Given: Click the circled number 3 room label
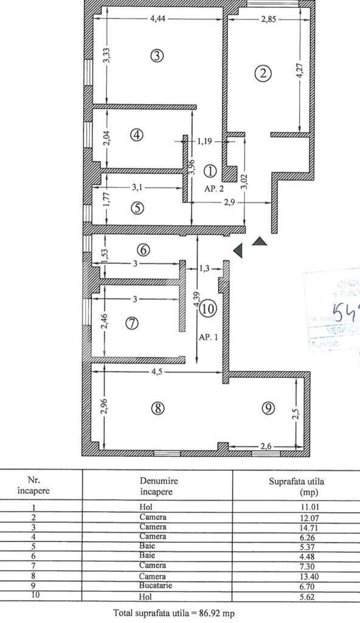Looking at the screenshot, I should pos(157,56).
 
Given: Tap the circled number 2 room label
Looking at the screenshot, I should pos(263,74).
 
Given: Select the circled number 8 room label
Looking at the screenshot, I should pos(157,408).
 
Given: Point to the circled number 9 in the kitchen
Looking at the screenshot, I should pos(268,408).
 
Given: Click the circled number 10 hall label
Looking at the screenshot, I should pos(207,309).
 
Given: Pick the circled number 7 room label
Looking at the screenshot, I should pos(132,323).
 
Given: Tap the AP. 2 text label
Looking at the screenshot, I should pos(213,189).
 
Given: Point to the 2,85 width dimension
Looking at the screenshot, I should pos(268,19).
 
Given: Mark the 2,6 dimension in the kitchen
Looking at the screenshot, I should pos(265,447).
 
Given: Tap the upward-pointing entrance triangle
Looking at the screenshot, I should pos(260,242).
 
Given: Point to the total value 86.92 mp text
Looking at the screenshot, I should pos(173,613).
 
